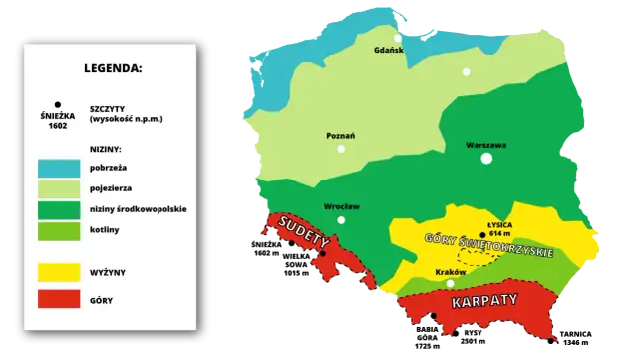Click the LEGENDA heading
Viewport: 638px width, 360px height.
tap(115, 70)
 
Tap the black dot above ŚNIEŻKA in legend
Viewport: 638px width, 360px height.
tap(59, 103)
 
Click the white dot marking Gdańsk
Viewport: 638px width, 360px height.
tap(397, 39)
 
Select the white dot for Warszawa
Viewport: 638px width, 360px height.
tap(486, 158)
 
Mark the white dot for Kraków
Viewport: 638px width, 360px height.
tap(450, 283)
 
